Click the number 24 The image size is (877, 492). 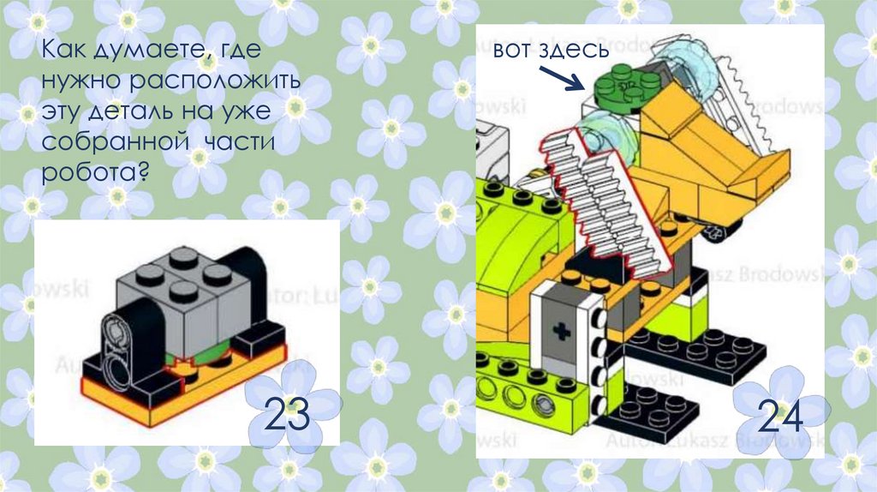click(780, 417)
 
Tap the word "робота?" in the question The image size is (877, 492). click(95, 172)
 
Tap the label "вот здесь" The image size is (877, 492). click(550, 50)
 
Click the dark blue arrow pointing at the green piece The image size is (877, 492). click(563, 78)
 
